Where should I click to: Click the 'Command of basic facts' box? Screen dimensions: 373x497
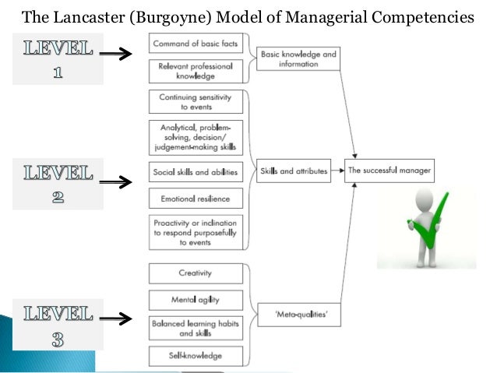pos(195,44)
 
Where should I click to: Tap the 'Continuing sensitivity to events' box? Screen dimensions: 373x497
pos(195,103)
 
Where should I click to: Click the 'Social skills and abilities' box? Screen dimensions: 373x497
pos(195,171)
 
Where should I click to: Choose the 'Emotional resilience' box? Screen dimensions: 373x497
pos(195,199)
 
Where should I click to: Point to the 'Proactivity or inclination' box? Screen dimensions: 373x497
pos(195,232)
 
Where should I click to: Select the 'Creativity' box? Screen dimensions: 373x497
pos(195,273)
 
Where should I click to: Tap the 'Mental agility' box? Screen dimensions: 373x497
pos(195,299)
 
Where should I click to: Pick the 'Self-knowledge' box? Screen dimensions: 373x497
pos(195,355)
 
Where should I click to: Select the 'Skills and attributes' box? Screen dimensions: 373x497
pos(294,169)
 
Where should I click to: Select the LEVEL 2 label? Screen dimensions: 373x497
pos(58,182)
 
